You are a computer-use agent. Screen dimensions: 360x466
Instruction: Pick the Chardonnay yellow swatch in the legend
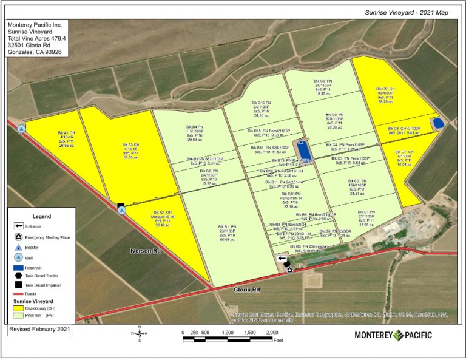[19, 308]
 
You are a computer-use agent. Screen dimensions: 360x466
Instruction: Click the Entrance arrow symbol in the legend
[19, 226]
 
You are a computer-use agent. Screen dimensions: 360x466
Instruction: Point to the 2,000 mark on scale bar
[271, 333]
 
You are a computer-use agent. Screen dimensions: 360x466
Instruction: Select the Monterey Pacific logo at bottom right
[394, 335]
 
